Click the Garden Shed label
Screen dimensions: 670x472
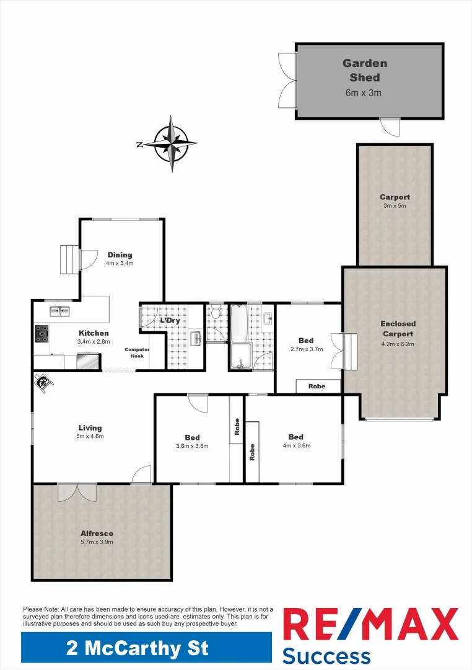point(365,71)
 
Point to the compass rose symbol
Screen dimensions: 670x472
point(172,143)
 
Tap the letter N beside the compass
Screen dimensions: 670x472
point(140,144)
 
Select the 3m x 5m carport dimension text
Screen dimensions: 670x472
point(395,206)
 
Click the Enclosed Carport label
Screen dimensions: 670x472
point(398,329)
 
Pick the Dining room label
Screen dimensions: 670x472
point(120,255)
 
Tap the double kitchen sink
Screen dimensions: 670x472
point(60,311)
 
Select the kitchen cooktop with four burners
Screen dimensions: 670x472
point(42,334)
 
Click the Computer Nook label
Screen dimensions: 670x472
point(137,352)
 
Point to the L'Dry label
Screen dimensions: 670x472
point(170,321)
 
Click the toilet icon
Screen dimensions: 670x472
point(215,312)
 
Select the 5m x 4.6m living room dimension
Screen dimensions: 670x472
point(90,436)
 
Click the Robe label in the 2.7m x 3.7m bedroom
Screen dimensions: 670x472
point(318,386)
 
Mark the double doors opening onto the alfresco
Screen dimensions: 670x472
point(77,493)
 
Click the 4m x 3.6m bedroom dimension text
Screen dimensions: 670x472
point(295,445)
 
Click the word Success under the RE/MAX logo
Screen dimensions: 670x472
point(326,656)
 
